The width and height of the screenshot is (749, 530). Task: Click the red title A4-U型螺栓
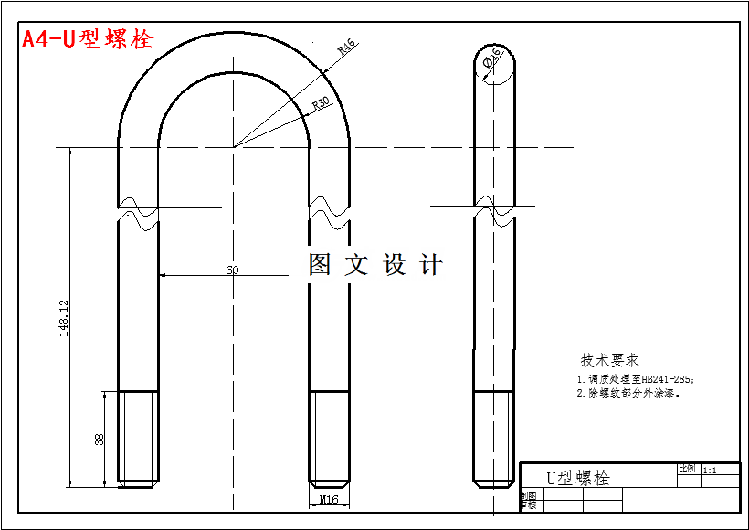[87, 39]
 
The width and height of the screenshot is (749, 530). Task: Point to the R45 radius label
[346, 48]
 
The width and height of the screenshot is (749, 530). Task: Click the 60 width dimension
[232, 270]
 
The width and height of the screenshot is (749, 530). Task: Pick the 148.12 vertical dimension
[64, 318]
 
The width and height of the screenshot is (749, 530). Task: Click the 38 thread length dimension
[100, 440]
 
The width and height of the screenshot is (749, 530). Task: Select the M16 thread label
[330, 499]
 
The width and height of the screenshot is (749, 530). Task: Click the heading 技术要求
[609, 360]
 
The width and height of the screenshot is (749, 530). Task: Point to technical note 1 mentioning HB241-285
[635, 378]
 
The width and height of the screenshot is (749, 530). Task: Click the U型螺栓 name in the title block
[577, 478]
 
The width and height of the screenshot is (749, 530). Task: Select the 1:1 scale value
[710, 470]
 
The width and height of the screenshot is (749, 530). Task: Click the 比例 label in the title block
[686, 468]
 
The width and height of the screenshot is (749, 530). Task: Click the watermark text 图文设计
[375, 265]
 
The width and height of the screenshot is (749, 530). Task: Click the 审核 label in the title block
[528, 504]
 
